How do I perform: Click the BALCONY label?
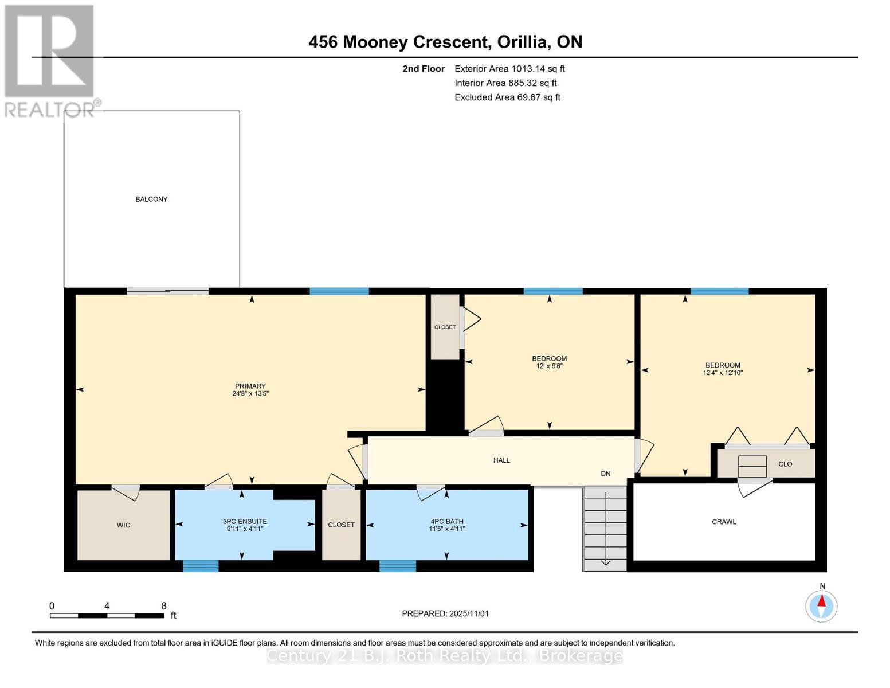coord(151,200)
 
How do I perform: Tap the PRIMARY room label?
coord(250,386)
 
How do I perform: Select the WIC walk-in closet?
coord(123,525)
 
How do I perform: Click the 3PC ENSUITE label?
coord(245,522)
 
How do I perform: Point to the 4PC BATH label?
coord(446,522)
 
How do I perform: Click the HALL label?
coord(501,460)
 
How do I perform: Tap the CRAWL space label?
coord(724,522)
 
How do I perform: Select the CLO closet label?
coord(785,464)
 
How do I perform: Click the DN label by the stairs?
coord(605,474)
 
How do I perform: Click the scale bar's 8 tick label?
coord(163,606)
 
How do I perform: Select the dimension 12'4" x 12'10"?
coord(723,373)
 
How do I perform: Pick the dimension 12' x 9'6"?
coord(549,366)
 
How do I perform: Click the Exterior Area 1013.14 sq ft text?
coord(509,69)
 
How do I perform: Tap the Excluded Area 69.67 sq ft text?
coord(507,97)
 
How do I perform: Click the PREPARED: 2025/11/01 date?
coord(445,613)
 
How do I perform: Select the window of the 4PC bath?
coord(398,566)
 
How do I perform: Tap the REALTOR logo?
coord(49,60)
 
